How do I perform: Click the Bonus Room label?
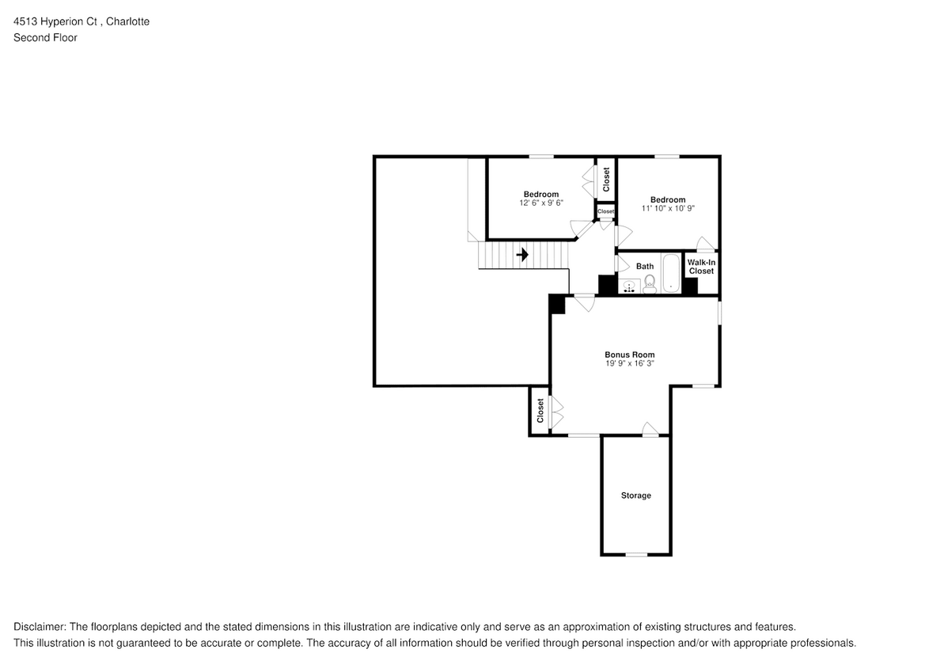[x=629, y=355]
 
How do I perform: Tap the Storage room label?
[x=635, y=495]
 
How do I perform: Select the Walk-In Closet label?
[x=701, y=266]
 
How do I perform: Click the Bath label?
[x=645, y=267]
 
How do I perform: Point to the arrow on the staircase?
[x=522, y=255]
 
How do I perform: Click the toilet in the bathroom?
[x=649, y=285]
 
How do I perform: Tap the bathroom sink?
[x=630, y=287]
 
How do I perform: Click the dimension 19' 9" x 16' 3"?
[x=629, y=363]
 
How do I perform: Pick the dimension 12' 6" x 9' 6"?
[x=540, y=203]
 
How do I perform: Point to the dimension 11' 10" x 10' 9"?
[x=668, y=209]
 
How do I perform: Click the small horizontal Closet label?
[x=606, y=211]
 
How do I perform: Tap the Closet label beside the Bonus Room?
[x=540, y=410]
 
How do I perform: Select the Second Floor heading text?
[x=45, y=37]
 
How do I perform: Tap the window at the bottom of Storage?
[x=636, y=555]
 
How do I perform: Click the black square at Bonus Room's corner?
[x=557, y=304]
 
